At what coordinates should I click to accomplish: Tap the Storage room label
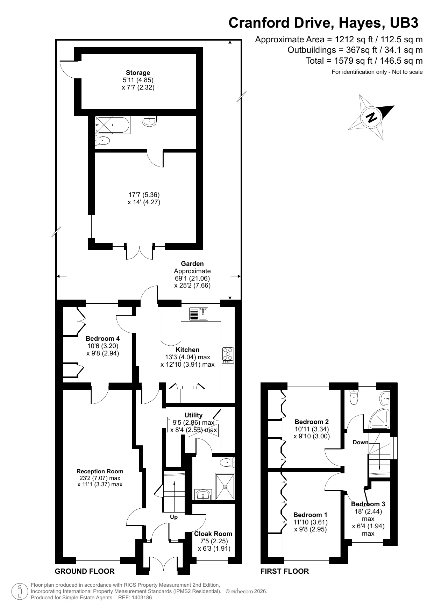point(138,73)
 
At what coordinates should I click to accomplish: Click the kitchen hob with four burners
point(228,354)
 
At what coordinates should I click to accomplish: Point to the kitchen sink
point(199,314)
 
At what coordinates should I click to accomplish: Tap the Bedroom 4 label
point(102,338)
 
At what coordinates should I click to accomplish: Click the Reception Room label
point(100,471)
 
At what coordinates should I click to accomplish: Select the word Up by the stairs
point(173,517)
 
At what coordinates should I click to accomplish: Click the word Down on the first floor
point(360,442)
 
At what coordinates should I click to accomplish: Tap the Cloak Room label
point(213,534)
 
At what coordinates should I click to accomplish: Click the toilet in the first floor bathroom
point(354,398)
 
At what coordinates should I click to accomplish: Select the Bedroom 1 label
point(310,515)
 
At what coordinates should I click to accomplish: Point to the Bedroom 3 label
point(368,504)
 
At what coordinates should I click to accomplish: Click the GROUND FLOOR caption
point(85,571)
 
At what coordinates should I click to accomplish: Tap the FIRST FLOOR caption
point(284,571)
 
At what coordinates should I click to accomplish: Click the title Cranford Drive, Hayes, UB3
point(323,23)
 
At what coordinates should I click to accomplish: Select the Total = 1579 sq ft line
point(364,61)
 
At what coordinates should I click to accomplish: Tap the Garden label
point(192,264)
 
